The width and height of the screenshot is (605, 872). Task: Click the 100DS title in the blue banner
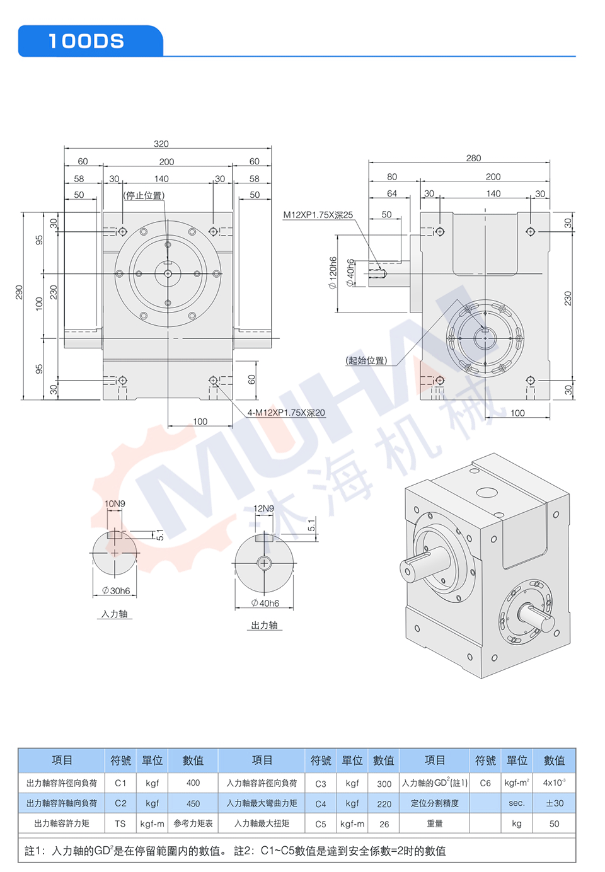(86, 41)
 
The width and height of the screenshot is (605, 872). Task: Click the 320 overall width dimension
(161, 144)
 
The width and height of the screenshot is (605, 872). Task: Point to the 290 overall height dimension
(19, 292)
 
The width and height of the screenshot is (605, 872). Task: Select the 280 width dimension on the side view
(473, 158)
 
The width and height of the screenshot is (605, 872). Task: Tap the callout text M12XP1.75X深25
(318, 215)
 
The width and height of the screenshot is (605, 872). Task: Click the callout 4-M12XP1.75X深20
(286, 413)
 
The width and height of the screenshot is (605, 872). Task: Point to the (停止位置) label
(144, 195)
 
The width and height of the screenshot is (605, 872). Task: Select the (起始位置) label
(366, 360)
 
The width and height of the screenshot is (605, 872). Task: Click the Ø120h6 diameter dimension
(333, 273)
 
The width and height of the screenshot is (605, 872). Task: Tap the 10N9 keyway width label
(115, 503)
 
